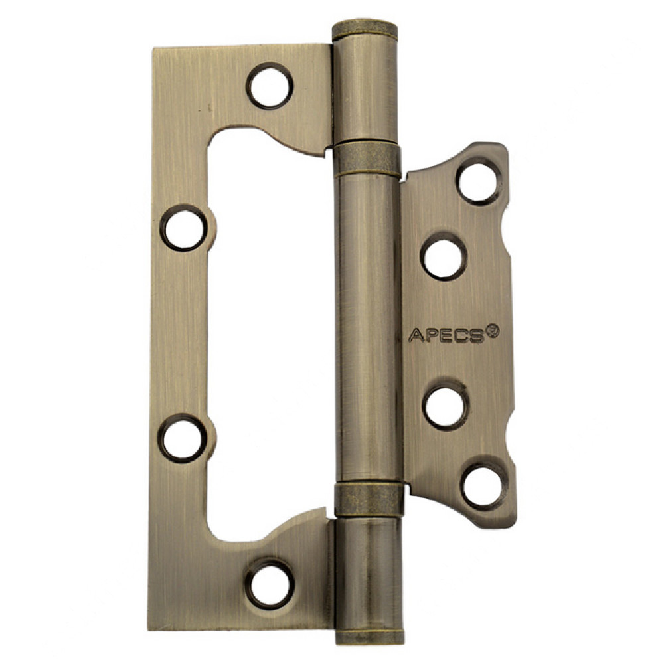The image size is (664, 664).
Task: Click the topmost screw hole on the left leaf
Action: [x=271, y=86]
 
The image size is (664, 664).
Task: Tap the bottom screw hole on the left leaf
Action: [x=270, y=585]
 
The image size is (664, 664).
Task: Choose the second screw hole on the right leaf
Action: [x=444, y=256]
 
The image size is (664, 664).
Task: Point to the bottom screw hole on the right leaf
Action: [x=483, y=487]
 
